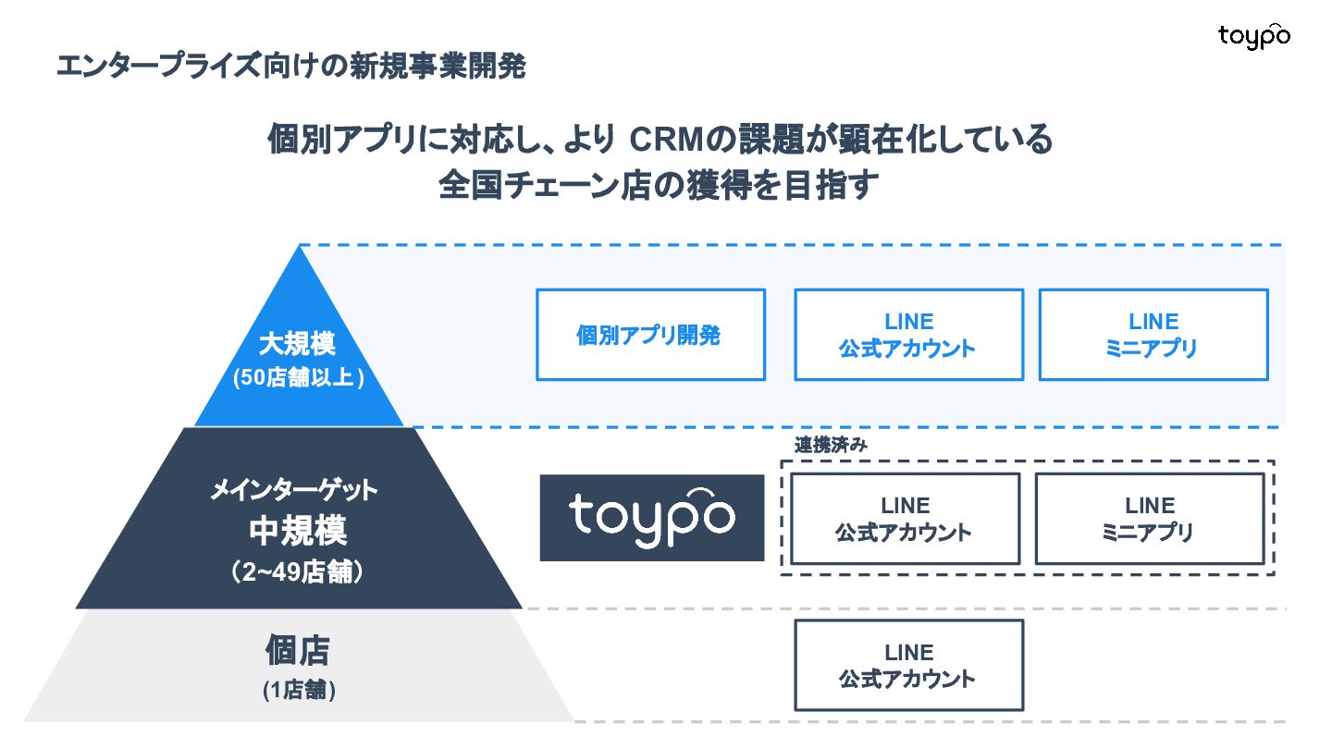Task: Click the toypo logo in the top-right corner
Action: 1253,36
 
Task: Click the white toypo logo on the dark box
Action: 651,517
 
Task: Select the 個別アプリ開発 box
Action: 650,335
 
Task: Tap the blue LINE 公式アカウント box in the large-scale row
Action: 908,335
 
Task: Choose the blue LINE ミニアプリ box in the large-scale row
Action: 1153,335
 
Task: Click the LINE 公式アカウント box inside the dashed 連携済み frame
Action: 905,519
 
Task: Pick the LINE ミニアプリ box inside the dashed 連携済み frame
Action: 1149,519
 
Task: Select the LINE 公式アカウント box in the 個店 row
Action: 908,665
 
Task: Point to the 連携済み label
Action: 830,444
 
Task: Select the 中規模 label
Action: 297,531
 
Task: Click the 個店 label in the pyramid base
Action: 297,650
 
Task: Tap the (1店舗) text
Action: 297,690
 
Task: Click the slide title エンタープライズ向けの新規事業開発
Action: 290,67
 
